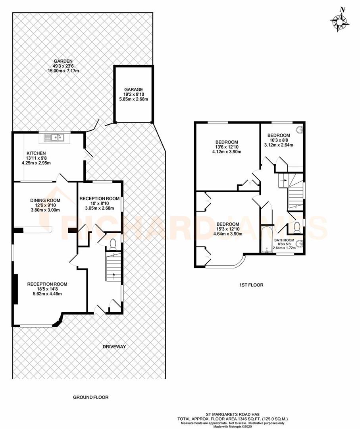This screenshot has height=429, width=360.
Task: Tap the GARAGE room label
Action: coord(133,89)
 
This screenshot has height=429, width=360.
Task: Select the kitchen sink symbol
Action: coord(55,138)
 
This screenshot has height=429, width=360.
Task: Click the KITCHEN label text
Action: coord(36,153)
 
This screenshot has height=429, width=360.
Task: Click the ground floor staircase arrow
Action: coord(114,274)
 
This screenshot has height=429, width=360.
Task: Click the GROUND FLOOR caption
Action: coord(90,397)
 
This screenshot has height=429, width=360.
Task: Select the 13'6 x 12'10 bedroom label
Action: coord(227,142)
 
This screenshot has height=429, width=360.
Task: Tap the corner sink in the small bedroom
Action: coord(300,129)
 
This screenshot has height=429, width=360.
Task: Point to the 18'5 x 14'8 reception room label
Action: coord(47,284)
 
